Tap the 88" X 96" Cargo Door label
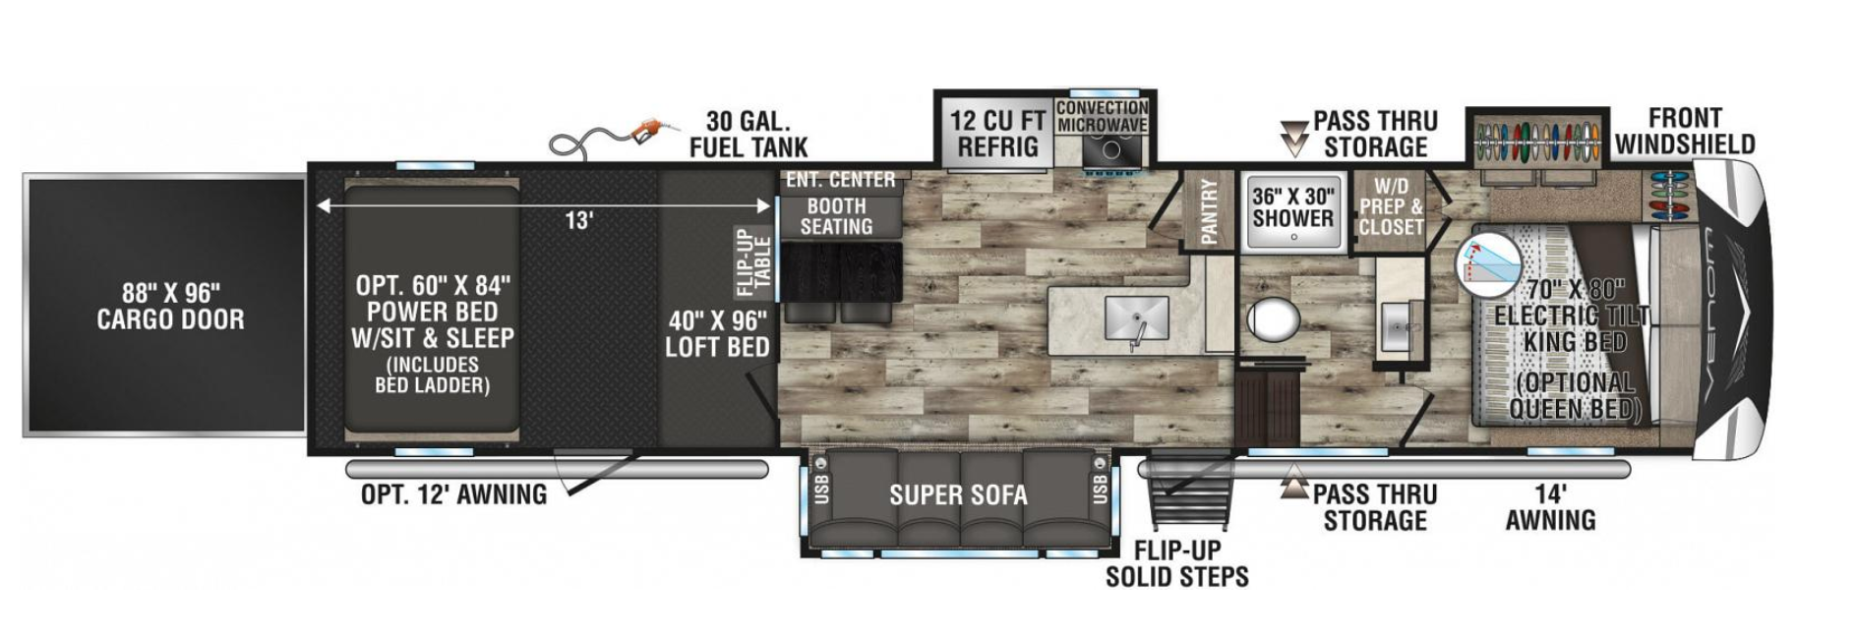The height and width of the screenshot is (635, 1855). [170, 306]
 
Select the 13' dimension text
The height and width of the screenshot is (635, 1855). [578, 220]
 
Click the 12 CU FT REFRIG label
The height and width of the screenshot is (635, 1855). [997, 134]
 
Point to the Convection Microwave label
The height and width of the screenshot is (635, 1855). [1102, 116]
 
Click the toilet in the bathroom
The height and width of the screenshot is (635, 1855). [1274, 319]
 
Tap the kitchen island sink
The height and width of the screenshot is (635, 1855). [1136, 317]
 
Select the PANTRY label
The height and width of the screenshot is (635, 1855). [1210, 210]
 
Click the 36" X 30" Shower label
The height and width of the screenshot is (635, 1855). [1292, 207]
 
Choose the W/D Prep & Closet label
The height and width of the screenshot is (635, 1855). [1391, 206]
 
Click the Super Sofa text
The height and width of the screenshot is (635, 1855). [958, 495]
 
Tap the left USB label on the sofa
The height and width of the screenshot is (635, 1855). [823, 488]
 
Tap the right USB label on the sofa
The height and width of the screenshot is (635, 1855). [1100, 488]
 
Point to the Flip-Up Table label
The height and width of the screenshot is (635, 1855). [755, 261]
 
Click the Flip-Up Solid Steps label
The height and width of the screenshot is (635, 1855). [1176, 563]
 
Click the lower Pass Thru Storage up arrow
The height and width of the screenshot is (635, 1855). [1293, 485]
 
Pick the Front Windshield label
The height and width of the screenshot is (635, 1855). [1684, 131]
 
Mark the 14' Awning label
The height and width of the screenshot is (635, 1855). [1550, 506]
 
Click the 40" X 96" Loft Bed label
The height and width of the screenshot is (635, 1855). [717, 333]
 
